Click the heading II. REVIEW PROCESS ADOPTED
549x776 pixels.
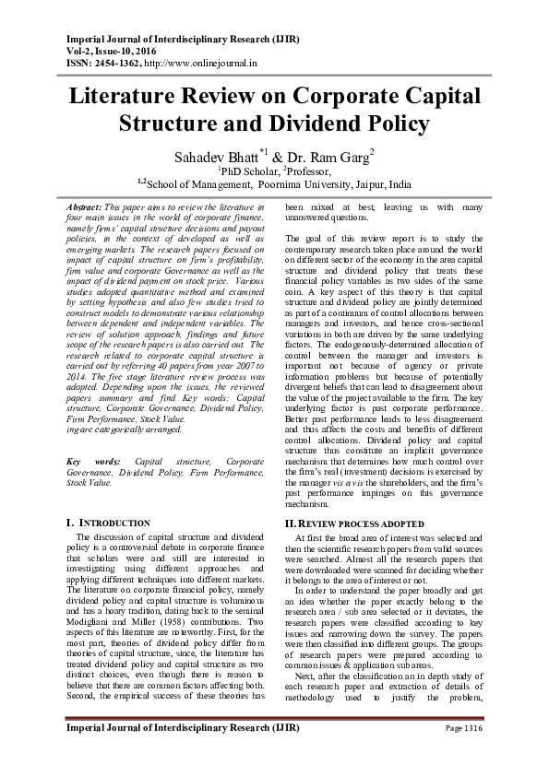coord(343,523)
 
